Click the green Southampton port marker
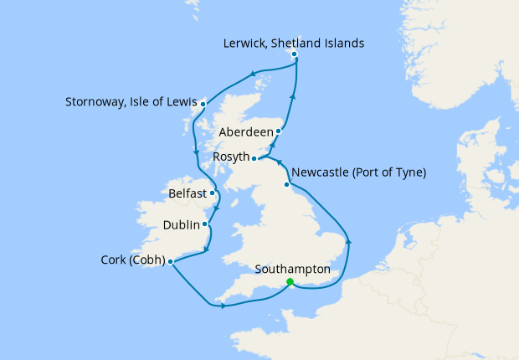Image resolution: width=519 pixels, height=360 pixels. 289,282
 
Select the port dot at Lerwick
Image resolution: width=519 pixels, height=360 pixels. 294,54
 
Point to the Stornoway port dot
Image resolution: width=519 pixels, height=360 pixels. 203,104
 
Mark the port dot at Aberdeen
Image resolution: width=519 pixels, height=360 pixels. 279,131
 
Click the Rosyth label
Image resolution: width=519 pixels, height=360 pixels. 230,157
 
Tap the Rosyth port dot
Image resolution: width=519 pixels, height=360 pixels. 254,157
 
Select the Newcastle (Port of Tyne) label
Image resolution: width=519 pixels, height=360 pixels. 362,172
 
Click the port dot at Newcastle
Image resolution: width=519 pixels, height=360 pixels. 287,184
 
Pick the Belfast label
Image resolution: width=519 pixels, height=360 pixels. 187,193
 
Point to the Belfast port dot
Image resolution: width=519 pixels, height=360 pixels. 212,193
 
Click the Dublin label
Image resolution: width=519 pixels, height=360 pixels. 182,224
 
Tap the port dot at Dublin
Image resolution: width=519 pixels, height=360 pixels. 204,224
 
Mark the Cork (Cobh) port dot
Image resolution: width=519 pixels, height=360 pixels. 170,261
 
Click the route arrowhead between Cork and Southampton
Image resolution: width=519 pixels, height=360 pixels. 224,306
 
